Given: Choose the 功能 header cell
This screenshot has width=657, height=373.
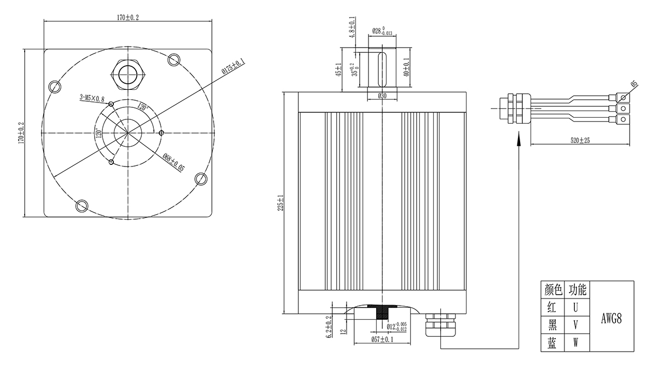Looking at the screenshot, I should click(577, 289).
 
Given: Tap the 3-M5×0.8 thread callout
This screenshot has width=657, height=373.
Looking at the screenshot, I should click(91, 98).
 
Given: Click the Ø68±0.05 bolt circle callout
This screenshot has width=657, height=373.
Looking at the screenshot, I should click(174, 163).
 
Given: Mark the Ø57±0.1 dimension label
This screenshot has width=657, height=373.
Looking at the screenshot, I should click(382, 340).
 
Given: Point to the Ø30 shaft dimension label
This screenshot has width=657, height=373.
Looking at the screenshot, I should click(383, 96).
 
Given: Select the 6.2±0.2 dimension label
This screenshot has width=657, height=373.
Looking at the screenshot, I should click(329, 328).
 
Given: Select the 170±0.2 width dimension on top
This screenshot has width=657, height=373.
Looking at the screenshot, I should click(128, 18).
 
